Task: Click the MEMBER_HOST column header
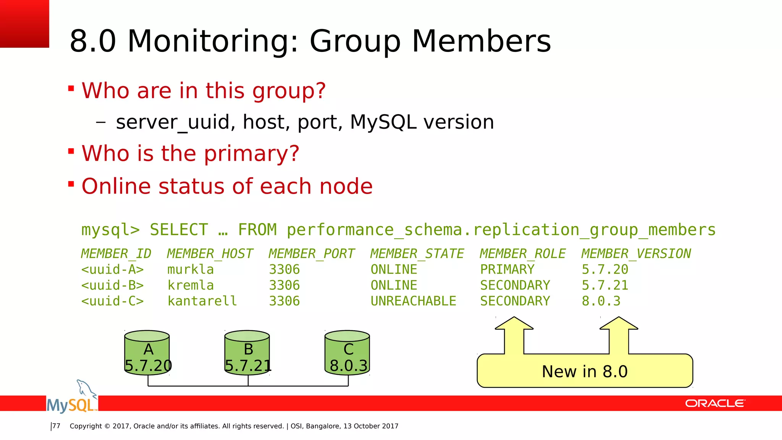click(210, 254)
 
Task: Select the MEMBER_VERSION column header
click(636, 254)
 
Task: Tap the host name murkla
click(190, 270)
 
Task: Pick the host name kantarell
click(202, 301)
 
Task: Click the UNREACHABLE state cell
click(413, 301)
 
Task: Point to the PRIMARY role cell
click(507, 270)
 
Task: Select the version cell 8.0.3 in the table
click(601, 301)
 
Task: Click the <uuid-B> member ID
click(112, 285)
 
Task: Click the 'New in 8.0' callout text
click(585, 372)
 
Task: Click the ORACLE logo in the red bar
click(715, 403)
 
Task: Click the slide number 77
click(56, 426)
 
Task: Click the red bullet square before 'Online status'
click(71, 184)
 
